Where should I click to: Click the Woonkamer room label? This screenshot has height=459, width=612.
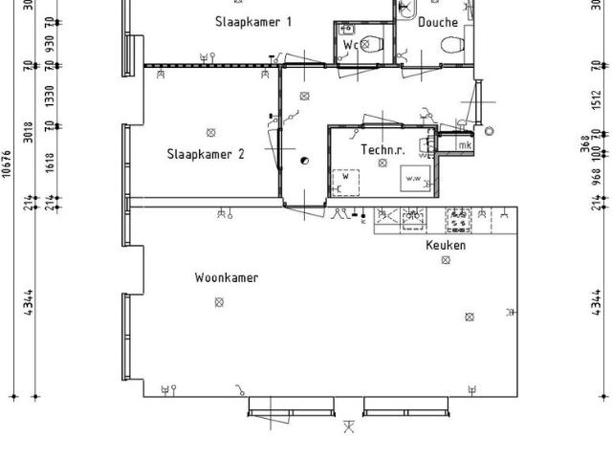pos(227,277)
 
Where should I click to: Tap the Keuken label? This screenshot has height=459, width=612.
pos(446,246)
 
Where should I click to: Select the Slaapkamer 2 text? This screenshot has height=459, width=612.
pos(206,153)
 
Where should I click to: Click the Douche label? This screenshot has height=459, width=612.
pos(438,22)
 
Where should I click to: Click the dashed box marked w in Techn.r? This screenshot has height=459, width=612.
pos(345,181)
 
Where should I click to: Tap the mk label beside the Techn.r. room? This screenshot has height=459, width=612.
pos(464,145)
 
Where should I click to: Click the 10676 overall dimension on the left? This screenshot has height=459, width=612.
pos(8,164)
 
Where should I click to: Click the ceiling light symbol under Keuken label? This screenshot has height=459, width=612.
pos(446,260)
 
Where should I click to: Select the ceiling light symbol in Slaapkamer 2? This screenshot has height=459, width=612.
pos(210,132)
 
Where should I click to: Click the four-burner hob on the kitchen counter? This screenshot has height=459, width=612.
pos(459,221)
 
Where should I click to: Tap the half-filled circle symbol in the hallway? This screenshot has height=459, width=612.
pos(304,161)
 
